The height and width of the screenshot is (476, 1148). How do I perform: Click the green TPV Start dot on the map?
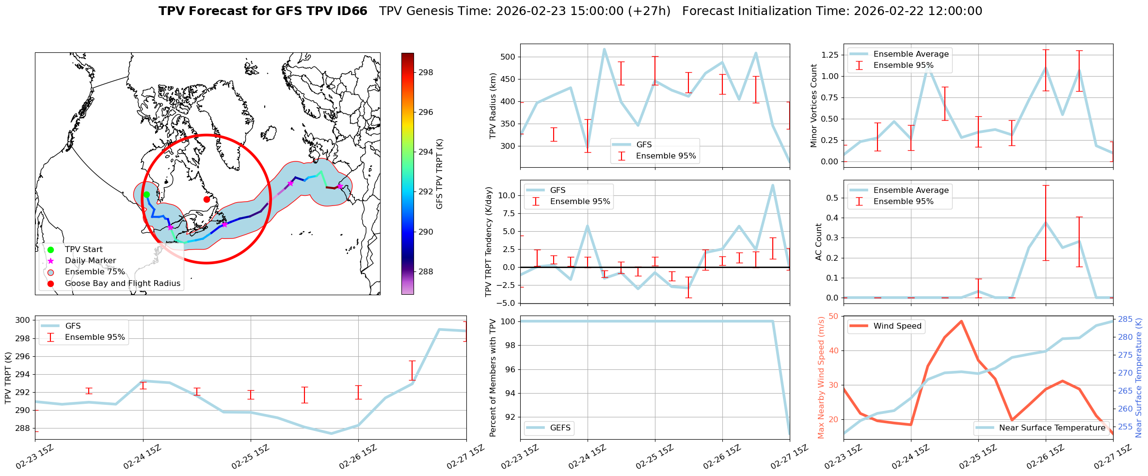point(146,195)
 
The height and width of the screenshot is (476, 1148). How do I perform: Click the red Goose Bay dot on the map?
point(207,199)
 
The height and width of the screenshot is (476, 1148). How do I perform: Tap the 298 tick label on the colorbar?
point(426,73)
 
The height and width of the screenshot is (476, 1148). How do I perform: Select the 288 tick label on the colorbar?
point(426,271)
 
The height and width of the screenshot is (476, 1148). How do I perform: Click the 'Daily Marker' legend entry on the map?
point(90,261)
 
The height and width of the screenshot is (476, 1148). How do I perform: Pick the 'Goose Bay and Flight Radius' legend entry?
point(122,284)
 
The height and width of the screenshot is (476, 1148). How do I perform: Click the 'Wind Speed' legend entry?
point(897,326)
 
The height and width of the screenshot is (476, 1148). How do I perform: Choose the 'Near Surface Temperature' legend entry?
point(1052,428)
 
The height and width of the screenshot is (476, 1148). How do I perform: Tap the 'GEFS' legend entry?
point(560,428)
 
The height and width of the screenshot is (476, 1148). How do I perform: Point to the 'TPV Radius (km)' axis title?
point(493,106)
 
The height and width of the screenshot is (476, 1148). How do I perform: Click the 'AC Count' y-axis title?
point(819,242)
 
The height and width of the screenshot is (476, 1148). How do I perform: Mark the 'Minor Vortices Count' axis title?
point(813,106)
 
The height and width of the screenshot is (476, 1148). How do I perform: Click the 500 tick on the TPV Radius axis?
point(508,57)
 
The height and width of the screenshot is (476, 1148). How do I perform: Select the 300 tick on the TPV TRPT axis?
point(23,320)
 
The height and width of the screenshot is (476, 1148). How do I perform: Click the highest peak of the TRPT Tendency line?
point(772,185)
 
